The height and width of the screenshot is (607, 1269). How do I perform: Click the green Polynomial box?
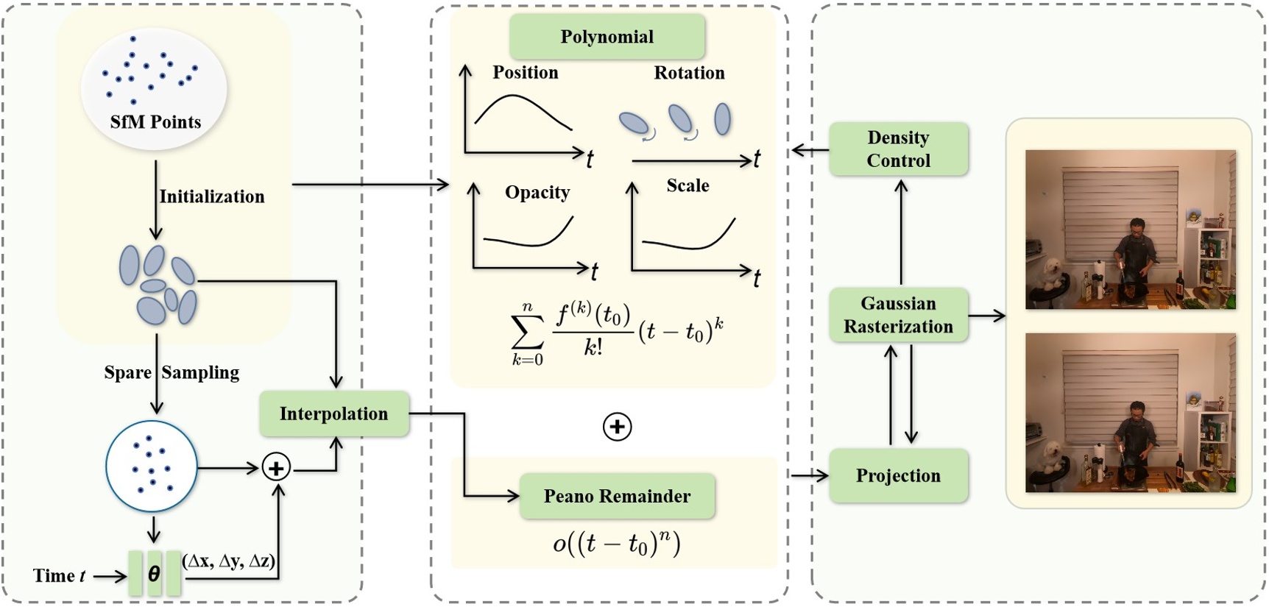tap(607, 37)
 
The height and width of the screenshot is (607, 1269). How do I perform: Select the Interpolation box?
tap(333, 413)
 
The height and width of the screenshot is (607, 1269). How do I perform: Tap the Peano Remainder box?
tap(617, 496)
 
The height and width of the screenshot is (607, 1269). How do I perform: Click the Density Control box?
tap(898, 149)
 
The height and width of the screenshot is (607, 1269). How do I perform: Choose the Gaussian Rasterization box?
tap(898, 315)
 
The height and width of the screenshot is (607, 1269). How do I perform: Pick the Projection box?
tap(898, 475)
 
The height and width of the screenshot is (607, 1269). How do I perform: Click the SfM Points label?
tap(155, 122)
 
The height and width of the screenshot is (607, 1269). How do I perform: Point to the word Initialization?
tap(212, 196)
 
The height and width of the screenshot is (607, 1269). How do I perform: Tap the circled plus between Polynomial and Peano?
tap(617, 427)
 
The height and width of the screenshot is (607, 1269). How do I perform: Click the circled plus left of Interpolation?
tap(276, 468)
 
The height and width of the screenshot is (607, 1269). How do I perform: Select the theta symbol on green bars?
tap(154, 573)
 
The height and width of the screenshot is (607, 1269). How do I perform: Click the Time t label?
tap(59, 575)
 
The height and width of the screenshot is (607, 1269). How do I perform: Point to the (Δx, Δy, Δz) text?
tap(229, 561)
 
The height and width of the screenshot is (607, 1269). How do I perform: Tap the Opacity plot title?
tap(537, 192)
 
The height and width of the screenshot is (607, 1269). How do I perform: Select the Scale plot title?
tap(687, 185)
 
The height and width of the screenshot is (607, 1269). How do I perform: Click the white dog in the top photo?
tap(1049, 275)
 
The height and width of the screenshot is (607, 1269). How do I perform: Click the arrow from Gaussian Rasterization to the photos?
tap(986, 316)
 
